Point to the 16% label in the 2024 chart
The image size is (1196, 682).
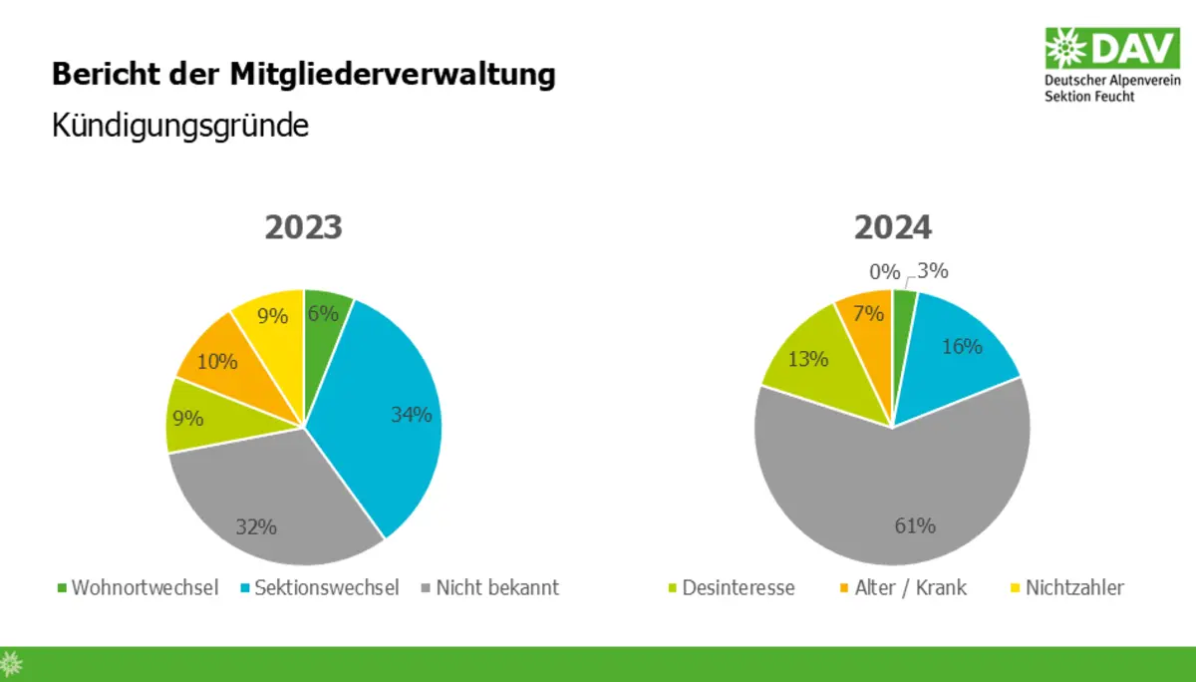coord(962,347)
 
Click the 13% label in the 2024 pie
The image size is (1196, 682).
coord(808,359)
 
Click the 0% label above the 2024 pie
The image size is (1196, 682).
coord(884,271)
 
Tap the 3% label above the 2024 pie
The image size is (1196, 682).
coord(933,270)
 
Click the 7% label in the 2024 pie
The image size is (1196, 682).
coord(869,313)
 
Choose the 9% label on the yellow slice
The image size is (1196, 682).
coord(272,317)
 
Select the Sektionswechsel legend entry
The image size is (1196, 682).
coord(317,587)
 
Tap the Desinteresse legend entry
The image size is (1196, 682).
coord(729,587)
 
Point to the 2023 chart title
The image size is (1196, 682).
coord(303,227)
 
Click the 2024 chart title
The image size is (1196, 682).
coord(892,227)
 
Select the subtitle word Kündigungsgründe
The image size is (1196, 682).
coord(180,127)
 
